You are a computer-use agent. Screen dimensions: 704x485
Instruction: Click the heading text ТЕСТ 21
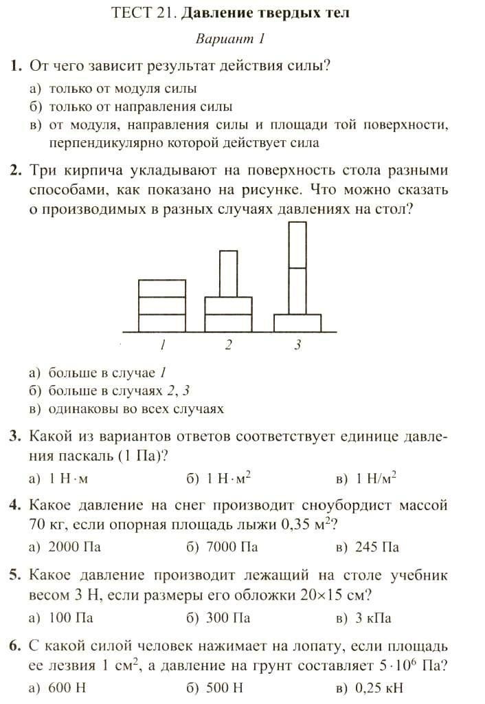coord(134,13)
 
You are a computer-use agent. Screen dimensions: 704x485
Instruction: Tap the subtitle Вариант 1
coord(230,39)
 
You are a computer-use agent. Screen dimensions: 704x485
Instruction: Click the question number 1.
coord(15,66)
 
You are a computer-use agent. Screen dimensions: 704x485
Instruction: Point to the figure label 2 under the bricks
coord(229,345)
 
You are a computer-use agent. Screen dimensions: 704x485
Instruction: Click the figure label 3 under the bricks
coord(297,345)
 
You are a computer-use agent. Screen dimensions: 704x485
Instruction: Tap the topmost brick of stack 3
coord(297,244)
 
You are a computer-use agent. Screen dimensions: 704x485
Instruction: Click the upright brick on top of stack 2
coord(228,274)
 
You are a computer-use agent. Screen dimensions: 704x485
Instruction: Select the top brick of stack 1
coord(163,288)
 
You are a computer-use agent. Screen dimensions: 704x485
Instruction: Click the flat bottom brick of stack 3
coord(297,323)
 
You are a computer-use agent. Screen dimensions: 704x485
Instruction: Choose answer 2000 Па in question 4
coord(70,547)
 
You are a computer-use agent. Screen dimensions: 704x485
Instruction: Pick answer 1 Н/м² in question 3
coord(377,478)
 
